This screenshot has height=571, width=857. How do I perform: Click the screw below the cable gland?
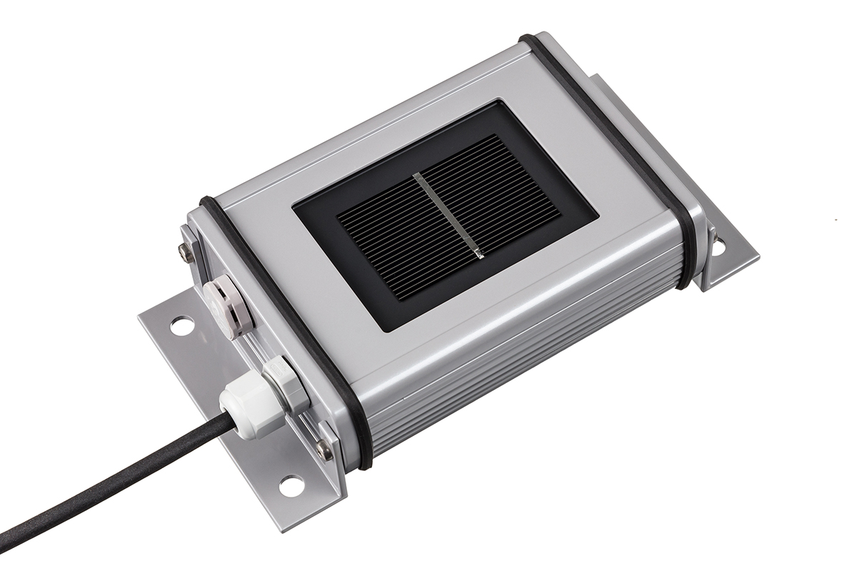coord(324,449)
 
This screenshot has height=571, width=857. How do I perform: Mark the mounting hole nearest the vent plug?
coord(181,325)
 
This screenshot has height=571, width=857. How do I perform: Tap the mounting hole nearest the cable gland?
coord(291,485)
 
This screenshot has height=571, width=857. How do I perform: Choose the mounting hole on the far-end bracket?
coord(718,246)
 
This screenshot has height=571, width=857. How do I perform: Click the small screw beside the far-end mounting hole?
coord(711,231)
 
